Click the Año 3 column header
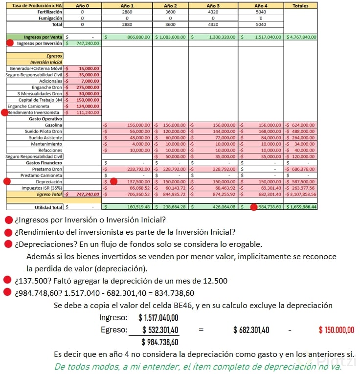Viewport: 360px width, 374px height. [213, 5]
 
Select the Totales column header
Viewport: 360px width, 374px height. [300, 5]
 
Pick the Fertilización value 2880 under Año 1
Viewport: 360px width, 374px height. [127, 11]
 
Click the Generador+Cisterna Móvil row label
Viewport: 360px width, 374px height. [34, 68]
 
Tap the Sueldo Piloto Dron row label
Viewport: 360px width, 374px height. [44, 132]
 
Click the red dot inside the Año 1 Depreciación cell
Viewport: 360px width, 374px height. [113, 181]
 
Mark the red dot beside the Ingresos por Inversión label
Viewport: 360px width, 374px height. [10, 43]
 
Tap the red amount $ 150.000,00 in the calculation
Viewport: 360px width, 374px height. [337, 330]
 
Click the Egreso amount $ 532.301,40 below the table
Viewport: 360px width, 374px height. [159, 330]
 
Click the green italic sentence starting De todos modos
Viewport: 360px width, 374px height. [198, 366]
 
